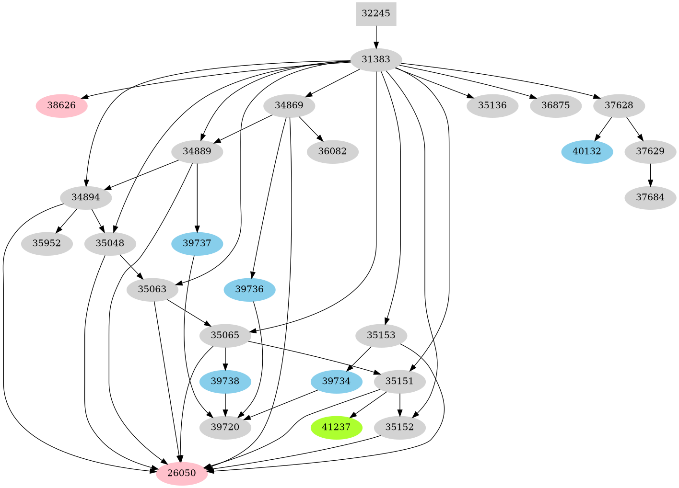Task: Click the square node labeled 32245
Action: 376,13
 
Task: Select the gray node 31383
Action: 376,60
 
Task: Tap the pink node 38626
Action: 61,105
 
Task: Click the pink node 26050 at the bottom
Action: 182,473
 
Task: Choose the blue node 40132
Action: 587,152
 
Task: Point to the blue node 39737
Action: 197,243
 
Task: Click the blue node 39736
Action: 249,289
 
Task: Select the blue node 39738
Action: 225,381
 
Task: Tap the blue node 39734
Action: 336,381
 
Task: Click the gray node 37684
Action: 650,197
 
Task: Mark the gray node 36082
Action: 332,152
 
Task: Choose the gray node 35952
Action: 47,243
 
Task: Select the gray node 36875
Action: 556,105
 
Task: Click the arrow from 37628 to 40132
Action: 603,129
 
